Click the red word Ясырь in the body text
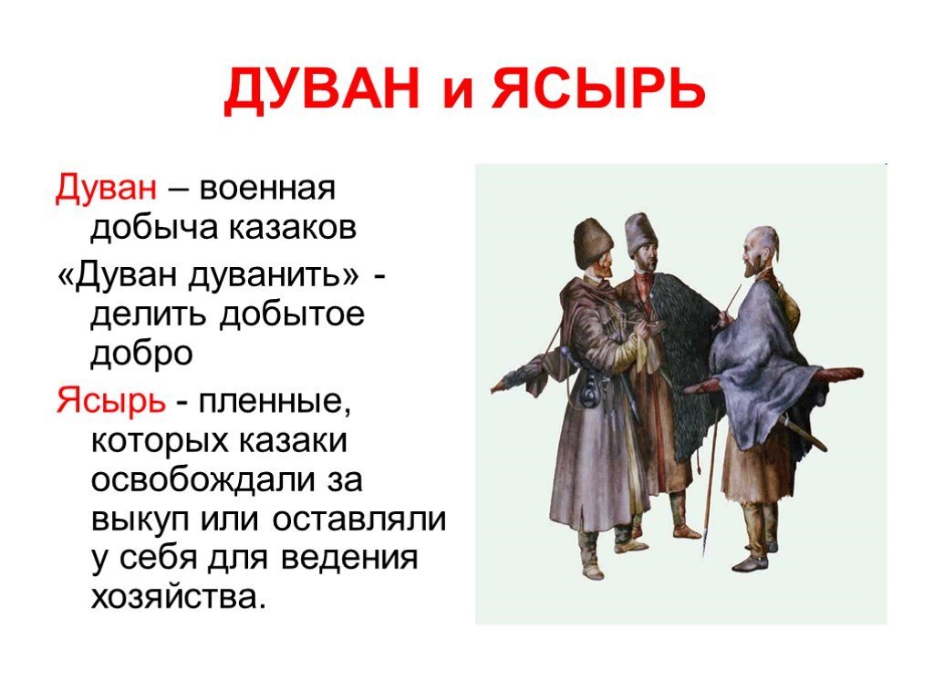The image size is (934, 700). tap(109, 398)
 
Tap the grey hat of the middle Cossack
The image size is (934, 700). tap(641, 233)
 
